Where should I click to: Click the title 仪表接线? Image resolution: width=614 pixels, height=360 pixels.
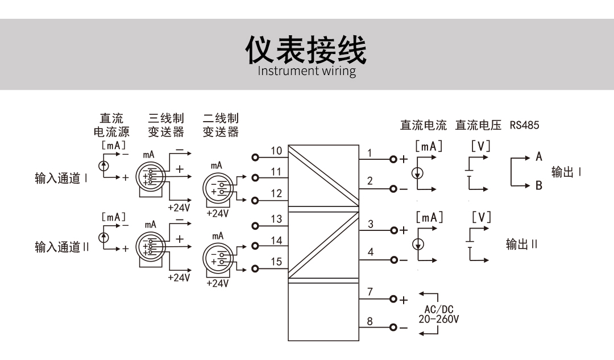click(x=306, y=51)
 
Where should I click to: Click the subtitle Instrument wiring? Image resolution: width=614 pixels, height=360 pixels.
click(x=306, y=72)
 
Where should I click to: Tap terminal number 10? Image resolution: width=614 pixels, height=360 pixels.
click(x=276, y=151)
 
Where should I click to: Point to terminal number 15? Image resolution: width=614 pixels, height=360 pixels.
click(x=276, y=262)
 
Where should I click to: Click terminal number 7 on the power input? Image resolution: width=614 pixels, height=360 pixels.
click(x=370, y=292)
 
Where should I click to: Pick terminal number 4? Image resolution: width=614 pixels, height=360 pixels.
click(x=370, y=252)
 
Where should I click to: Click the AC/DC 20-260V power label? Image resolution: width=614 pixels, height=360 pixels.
click(x=438, y=315)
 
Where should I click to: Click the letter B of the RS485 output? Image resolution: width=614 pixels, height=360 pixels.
click(x=538, y=185)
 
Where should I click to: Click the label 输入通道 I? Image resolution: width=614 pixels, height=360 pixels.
click(x=61, y=179)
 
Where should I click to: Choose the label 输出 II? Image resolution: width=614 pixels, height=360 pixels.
click(x=521, y=245)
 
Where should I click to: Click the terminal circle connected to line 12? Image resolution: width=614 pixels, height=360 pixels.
click(x=255, y=200)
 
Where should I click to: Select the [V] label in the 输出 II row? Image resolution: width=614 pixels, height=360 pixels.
click(x=480, y=217)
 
